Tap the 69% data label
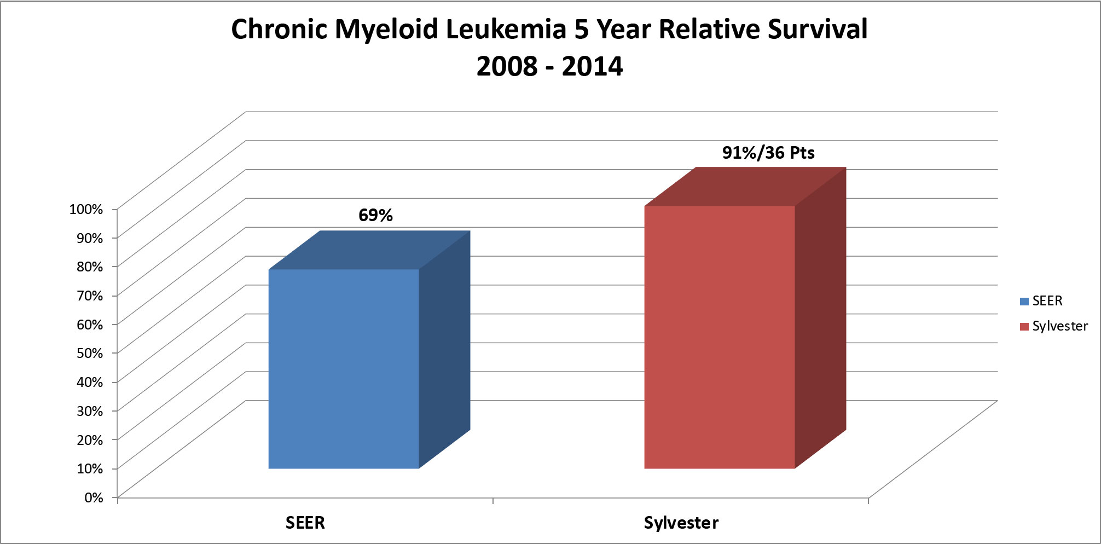pos(375,215)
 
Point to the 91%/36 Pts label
pos(768,153)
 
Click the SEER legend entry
pos(1047,301)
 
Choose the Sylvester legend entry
pos(1059,326)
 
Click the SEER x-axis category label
pos(305,523)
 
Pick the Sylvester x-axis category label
pos(681,523)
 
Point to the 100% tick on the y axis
pos(86,209)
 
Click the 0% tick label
pos(93,497)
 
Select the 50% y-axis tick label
pos(89,353)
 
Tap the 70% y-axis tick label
pos(89,296)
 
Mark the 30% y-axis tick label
pos(89,411)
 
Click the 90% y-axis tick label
pos(89,238)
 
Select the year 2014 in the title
pos(592,66)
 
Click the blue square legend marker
pos(1024,302)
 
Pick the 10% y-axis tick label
pos(89,468)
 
